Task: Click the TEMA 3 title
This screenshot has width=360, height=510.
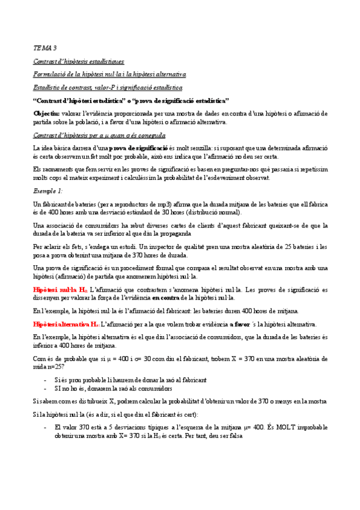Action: [44, 47]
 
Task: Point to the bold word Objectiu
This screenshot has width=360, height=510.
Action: [46, 113]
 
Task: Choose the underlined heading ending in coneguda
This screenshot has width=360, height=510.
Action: [99, 135]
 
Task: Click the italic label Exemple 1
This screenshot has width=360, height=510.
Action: [47, 191]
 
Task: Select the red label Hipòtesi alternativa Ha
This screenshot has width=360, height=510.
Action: [66, 324]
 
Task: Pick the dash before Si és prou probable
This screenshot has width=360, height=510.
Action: [47, 379]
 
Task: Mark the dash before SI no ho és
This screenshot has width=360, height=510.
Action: [47, 389]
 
